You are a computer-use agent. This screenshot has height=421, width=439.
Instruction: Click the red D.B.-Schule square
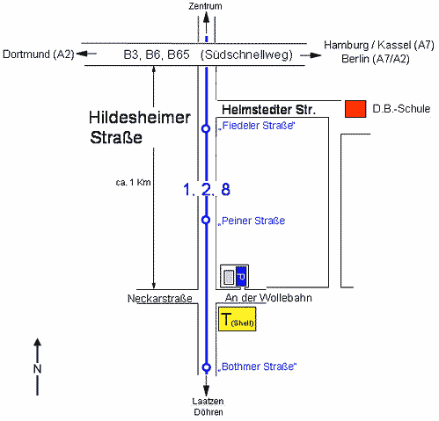tap(355, 109)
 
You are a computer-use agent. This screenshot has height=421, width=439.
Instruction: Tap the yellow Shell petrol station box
tap(238, 319)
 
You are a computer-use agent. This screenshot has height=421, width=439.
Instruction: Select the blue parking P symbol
tap(241, 276)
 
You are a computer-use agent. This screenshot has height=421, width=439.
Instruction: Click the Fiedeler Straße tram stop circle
tap(206, 128)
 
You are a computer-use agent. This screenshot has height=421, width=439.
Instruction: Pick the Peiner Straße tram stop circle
tap(206, 220)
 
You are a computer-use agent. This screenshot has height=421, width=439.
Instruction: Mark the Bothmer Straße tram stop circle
tap(207, 367)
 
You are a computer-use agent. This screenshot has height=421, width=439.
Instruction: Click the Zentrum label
tap(205, 6)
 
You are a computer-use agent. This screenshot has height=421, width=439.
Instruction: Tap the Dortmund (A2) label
tap(39, 54)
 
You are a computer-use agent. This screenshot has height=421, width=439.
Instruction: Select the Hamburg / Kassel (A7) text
tap(379, 45)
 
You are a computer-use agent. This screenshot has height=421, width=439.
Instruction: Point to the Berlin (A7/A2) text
tap(376, 59)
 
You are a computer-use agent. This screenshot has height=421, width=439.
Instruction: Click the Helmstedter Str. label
tap(268, 110)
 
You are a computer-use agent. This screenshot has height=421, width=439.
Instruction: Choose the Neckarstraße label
tap(160, 299)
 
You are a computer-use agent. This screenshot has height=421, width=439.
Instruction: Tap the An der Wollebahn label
tap(268, 298)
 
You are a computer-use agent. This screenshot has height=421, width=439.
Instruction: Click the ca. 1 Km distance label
tap(133, 183)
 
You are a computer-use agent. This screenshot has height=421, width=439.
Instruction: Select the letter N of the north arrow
tap(37, 368)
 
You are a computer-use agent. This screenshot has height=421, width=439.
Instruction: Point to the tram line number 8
tap(225, 189)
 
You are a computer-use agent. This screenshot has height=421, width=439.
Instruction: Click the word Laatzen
tap(208, 402)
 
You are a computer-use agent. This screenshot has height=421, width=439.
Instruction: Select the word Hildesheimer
tap(140, 118)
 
